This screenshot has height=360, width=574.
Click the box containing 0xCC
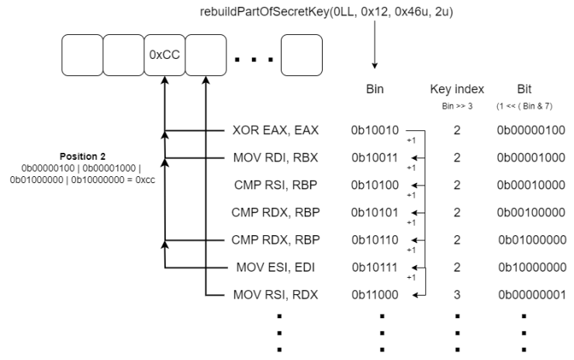tap(164, 56)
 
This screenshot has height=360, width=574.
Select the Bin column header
tap(374, 90)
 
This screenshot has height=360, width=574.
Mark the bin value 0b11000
tap(375, 295)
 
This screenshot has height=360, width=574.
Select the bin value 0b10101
tap(375, 213)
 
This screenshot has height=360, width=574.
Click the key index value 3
tap(457, 295)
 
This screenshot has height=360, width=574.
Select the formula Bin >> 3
tap(456, 106)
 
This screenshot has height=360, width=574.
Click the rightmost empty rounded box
tap(301, 56)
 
